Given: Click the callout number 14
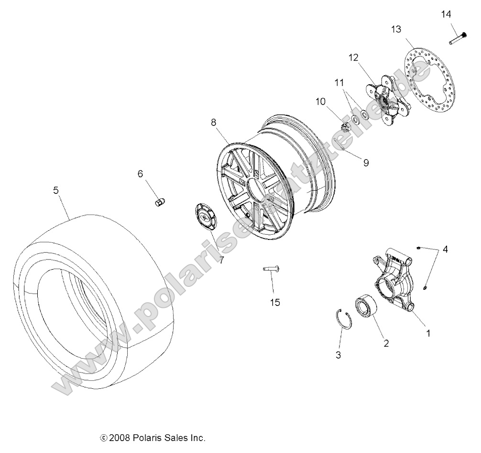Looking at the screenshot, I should pos(446,14).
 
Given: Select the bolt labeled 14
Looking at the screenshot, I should pos(458,38).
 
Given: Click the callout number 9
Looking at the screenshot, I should pos(366,163).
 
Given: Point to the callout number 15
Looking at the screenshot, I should pos(274,303).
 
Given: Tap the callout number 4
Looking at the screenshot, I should pos(445,249).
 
